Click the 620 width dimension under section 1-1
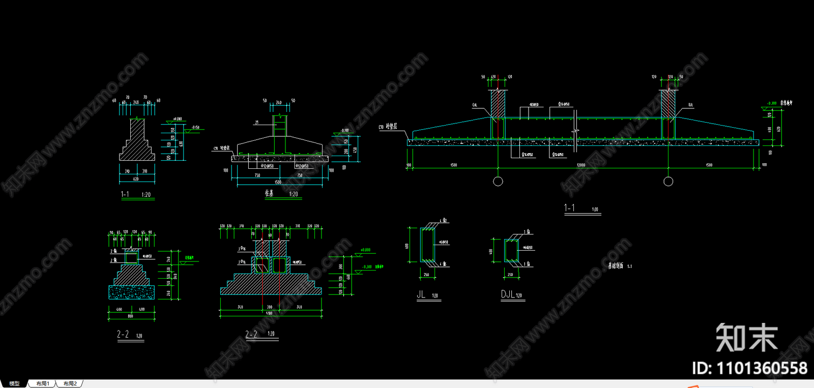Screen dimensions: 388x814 click(x=136, y=179)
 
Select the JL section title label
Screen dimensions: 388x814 click(x=421, y=294)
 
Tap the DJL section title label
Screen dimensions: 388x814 click(x=508, y=294)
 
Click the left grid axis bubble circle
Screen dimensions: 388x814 click(x=498, y=182)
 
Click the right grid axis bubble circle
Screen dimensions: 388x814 click(x=668, y=182)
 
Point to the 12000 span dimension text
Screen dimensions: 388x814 click(x=581, y=165)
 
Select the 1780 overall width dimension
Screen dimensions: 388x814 click(x=269, y=313)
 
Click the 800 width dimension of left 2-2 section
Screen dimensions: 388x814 click(x=130, y=316)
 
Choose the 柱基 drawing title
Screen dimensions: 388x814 click(x=269, y=193)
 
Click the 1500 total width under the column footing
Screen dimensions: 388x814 click(x=278, y=182)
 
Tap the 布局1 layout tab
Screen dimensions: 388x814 click(x=43, y=383)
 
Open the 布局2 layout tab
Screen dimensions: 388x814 click(x=70, y=383)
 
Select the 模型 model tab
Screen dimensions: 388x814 click(x=14, y=383)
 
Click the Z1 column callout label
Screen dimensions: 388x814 click(x=257, y=123)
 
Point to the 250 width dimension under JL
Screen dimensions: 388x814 click(x=426, y=275)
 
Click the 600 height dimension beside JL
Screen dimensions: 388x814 click(x=408, y=246)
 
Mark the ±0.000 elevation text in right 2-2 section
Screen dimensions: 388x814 click(x=365, y=250)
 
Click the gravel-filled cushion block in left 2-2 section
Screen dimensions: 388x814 click(x=131, y=292)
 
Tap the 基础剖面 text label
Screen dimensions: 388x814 click(x=616, y=266)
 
